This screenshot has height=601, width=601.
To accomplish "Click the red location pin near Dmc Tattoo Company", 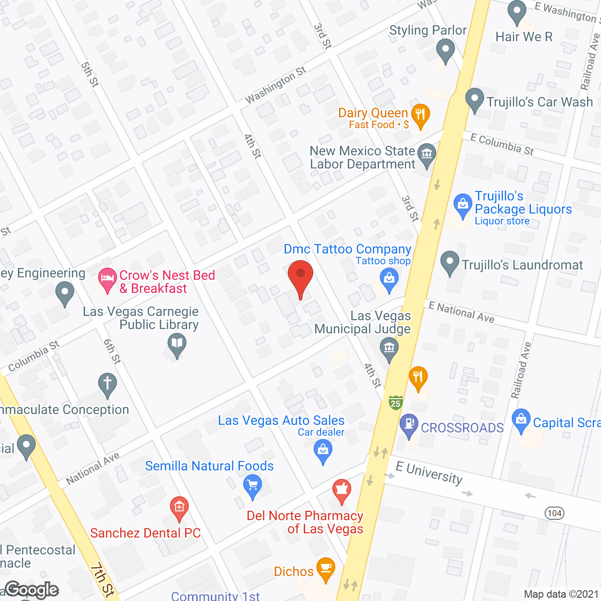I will click(x=300, y=277).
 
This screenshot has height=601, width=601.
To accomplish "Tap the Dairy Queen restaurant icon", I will click(x=420, y=115).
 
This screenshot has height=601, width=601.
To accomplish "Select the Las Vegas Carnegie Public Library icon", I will click(x=177, y=344).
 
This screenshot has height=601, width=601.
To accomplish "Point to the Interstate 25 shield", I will click(x=396, y=402).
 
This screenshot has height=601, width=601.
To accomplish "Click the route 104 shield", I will click(x=555, y=513).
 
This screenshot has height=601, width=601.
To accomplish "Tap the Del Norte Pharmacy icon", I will click(x=342, y=490).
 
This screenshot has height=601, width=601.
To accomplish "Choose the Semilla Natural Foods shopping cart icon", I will click(x=253, y=485).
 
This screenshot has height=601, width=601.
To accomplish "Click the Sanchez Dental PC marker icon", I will click(x=179, y=508).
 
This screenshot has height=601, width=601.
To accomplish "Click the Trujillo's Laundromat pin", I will click(x=450, y=262).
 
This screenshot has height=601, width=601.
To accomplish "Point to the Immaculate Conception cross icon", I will click(x=108, y=383).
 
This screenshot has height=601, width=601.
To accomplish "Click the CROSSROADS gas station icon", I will click(x=408, y=424).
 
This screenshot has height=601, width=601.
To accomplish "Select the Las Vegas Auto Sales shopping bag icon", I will click(x=323, y=450).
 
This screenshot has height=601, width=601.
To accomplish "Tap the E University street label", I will click(x=429, y=472).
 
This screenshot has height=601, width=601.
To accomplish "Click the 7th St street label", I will click(x=102, y=581).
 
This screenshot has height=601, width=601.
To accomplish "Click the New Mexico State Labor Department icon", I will click(x=427, y=154).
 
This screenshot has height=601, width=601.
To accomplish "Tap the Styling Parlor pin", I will click(x=445, y=49).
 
